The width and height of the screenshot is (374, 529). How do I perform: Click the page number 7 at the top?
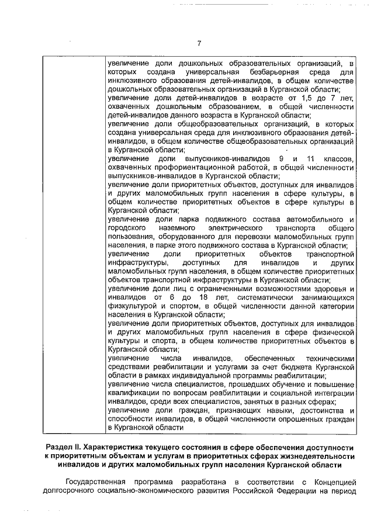point(199,43)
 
